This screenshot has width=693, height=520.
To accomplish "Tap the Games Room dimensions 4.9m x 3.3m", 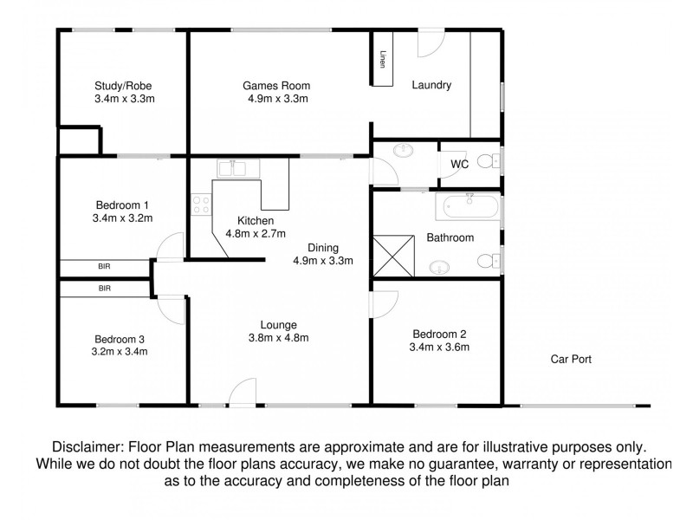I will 276,99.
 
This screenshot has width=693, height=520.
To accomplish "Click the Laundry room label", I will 431,85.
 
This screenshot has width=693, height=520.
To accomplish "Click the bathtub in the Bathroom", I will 468,207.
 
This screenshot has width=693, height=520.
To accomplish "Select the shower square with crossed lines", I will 395,257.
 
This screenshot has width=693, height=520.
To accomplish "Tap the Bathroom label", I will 450,237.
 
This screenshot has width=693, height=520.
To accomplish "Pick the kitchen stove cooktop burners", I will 201,205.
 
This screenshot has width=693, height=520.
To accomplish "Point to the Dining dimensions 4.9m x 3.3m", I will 323,260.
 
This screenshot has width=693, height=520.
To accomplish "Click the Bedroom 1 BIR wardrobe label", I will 104,266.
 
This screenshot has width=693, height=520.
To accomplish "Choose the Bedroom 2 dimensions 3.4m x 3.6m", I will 439,348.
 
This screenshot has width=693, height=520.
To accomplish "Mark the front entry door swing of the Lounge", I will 242,391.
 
